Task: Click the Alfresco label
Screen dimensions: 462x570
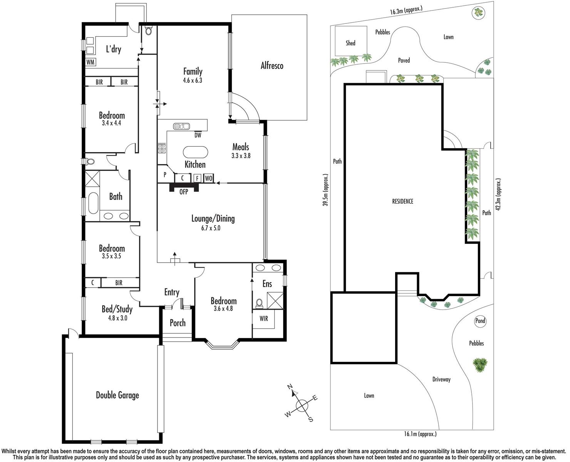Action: pos(272,65)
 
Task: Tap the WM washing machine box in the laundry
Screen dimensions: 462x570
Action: pos(91,62)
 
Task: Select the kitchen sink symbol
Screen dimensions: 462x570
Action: pos(181,126)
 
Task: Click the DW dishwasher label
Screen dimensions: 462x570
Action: pos(198,135)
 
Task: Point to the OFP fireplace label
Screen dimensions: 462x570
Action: pos(184,191)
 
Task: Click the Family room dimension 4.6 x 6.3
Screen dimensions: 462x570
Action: pos(193,80)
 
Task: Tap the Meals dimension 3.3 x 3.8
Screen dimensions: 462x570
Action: pos(241,156)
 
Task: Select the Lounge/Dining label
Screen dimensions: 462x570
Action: pos(213,219)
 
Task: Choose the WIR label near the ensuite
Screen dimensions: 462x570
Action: pos(264,318)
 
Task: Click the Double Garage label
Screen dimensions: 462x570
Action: pos(117,395)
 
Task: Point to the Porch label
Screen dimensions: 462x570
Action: pos(178,323)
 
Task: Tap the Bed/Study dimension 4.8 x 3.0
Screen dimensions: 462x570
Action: pos(117,318)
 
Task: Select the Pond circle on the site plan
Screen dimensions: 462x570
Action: pos(480,321)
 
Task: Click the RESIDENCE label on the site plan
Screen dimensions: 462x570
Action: pos(402,201)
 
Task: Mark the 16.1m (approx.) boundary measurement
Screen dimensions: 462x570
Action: pos(420,434)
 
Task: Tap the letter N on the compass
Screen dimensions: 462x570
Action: pos(291,387)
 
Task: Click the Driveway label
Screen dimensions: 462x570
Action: pos(441,379)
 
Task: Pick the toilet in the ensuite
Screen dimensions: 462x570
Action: pos(259,304)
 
